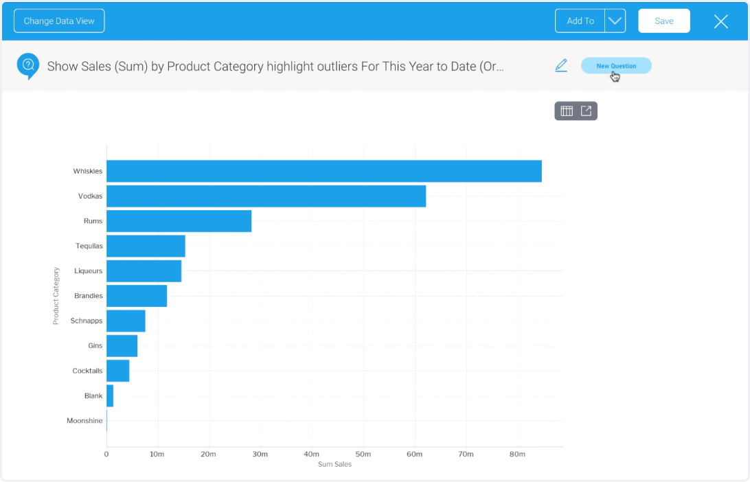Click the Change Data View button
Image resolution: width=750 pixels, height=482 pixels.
point(59,21)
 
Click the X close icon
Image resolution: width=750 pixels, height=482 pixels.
point(720,21)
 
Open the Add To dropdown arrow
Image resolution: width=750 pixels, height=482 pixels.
point(615,21)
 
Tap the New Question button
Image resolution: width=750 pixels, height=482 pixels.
point(616,66)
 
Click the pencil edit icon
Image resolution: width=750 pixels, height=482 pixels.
point(561,66)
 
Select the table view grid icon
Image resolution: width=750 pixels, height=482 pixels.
point(567,111)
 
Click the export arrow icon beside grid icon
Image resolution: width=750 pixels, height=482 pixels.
point(586,111)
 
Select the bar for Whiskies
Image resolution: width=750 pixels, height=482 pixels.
point(323,171)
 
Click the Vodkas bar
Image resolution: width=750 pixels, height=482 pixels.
point(266,196)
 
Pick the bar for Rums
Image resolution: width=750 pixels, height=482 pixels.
point(179,221)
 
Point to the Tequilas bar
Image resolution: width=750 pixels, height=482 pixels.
point(146,246)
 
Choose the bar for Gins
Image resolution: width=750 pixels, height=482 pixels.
point(122,346)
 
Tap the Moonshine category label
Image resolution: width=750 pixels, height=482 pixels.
point(84,421)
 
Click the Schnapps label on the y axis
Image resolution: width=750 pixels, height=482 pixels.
point(87,321)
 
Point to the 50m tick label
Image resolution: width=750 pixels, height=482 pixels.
point(363,454)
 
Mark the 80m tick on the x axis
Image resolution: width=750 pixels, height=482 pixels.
point(517,454)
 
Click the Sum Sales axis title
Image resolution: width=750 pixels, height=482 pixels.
point(334,465)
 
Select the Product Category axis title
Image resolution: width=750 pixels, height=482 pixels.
point(56,296)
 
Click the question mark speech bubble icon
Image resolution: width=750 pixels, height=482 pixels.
point(28,66)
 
